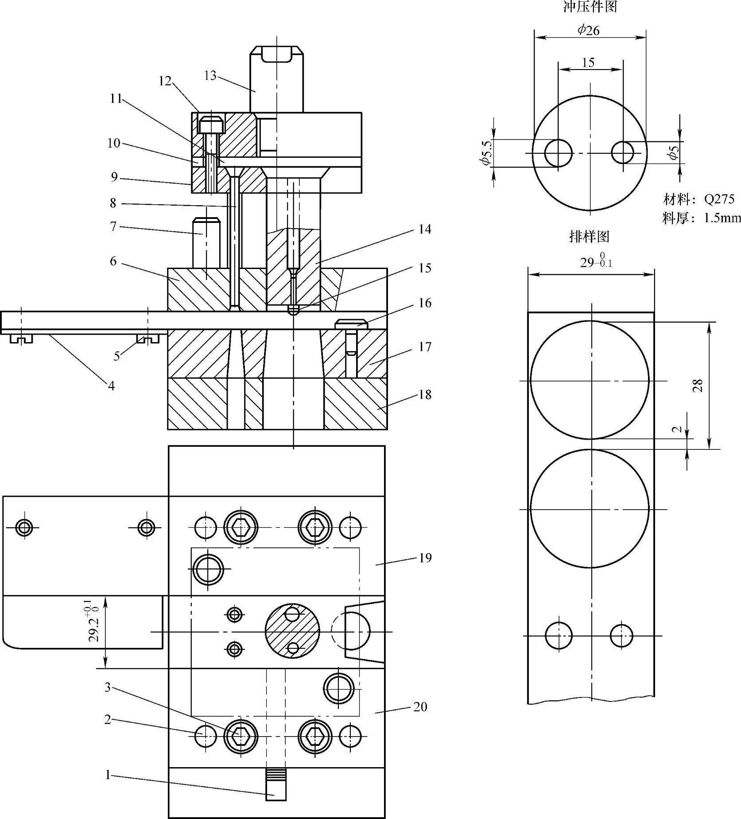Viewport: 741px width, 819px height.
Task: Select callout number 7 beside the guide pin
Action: (113, 226)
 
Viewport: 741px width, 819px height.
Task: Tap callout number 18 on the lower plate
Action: (425, 394)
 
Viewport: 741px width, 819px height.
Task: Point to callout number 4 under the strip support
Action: (111, 386)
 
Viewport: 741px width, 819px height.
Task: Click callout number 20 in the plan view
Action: (420, 706)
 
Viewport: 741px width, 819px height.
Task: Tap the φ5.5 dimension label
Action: (486, 153)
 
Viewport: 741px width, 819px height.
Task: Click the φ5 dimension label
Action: (674, 152)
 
